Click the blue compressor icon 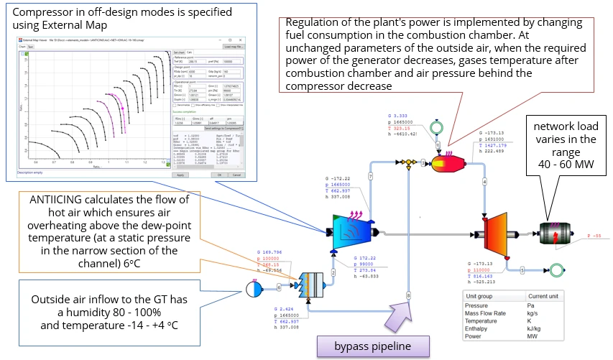pos(350,226)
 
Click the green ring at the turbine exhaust pos(553,270)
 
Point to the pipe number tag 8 pos(408,295)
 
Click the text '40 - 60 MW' pos(566,166)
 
